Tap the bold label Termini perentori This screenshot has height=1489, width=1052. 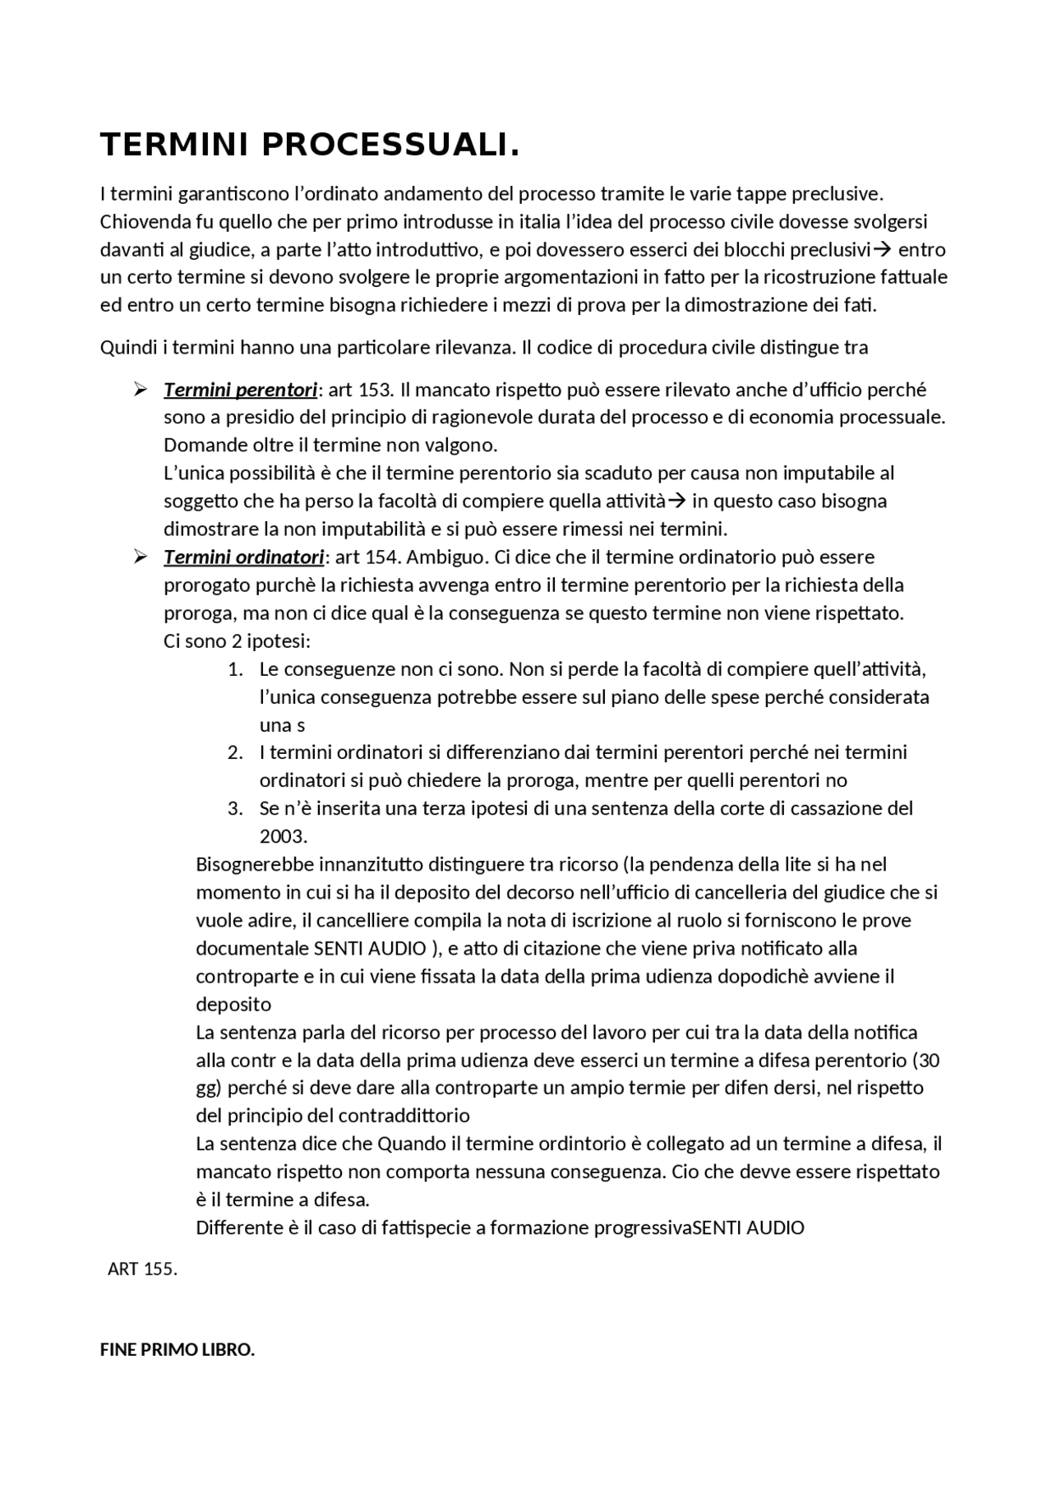[x=240, y=390]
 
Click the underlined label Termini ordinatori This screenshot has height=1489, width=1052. [x=243, y=557]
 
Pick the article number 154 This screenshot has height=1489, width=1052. [x=383, y=557]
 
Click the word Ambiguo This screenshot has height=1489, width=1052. [x=447, y=557]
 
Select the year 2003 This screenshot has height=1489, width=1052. [x=283, y=837]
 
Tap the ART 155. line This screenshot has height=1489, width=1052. [x=142, y=1269]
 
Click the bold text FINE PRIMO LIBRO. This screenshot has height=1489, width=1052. [x=178, y=1350]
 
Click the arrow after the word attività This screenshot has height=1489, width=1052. [x=676, y=502]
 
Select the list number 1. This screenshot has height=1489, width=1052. [x=235, y=669]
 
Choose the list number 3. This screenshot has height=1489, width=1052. [x=235, y=809]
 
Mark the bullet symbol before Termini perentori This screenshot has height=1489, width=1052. [x=140, y=390]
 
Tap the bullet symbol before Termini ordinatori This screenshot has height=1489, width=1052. [x=140, y=557]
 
